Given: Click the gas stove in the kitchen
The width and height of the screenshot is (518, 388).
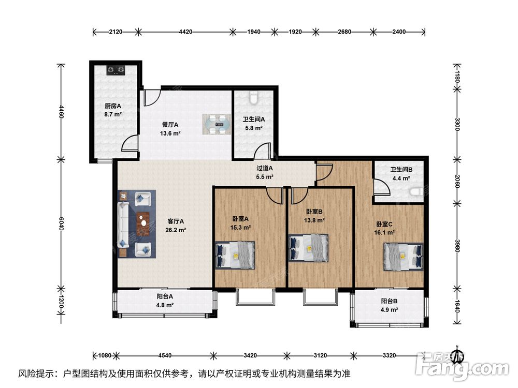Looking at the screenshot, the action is point(116,70).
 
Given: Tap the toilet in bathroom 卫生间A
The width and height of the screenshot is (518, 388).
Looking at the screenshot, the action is point(253,98).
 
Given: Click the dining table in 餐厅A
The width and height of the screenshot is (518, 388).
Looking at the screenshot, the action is point(218,124).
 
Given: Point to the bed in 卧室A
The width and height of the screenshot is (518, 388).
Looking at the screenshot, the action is point(235,256).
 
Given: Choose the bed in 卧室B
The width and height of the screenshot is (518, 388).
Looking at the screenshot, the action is point(309,248).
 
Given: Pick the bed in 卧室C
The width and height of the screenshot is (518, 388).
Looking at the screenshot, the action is point(404,257).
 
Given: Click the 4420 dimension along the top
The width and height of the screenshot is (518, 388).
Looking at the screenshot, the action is point(185,32).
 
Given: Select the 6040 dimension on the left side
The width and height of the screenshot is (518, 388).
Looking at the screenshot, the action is point(61,223).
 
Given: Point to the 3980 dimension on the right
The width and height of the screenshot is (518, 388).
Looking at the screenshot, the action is point(457,245).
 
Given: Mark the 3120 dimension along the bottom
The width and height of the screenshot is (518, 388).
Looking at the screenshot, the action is point(320,355).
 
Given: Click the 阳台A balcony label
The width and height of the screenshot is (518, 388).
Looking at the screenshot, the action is point(165,296).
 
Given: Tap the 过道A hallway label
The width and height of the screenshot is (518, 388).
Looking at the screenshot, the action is point(265,168).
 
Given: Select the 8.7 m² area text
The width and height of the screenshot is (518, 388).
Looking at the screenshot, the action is point(113,114).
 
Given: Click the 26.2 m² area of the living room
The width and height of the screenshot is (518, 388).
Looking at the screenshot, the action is point(176,230).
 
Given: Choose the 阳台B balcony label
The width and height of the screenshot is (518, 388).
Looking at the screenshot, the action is point(389,301).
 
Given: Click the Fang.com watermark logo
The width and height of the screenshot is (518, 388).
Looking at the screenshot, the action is point(463,366).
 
